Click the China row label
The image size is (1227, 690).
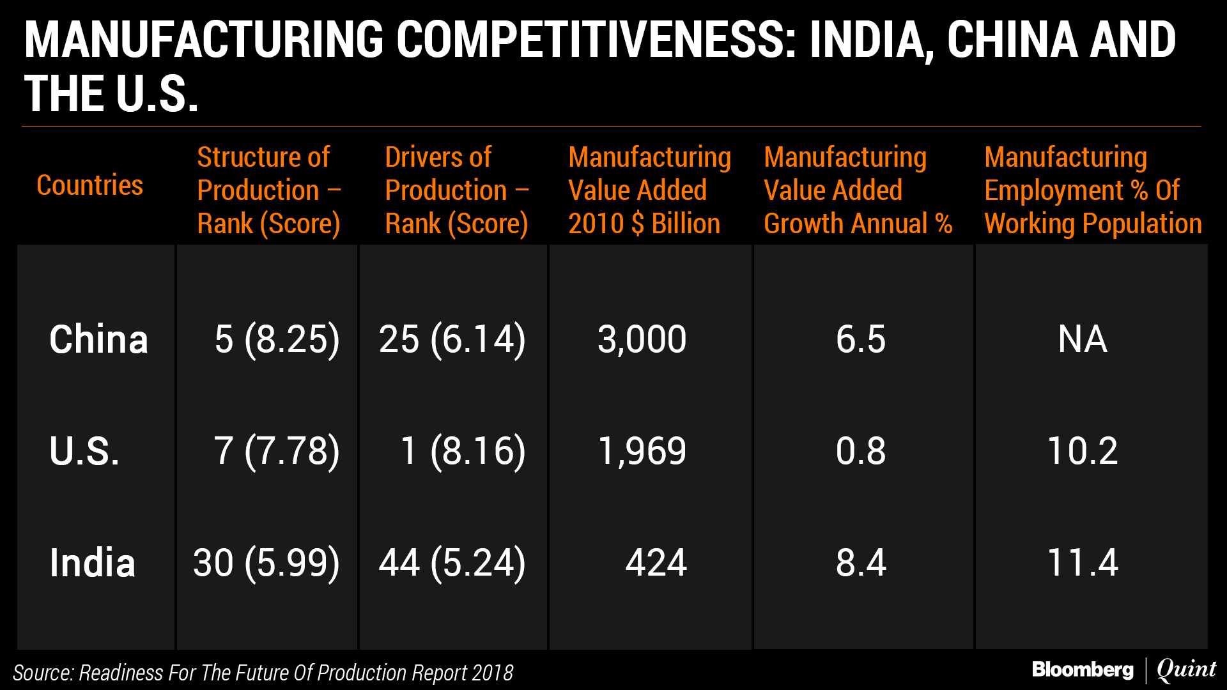98,339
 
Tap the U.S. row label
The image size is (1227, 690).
84,451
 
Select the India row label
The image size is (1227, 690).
93,563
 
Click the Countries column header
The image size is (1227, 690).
89,185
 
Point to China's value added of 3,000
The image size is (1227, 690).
642,339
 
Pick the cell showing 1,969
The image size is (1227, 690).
642,451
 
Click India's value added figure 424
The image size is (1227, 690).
656,563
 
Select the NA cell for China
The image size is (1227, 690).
1083,339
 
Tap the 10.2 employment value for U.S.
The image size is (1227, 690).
1083,451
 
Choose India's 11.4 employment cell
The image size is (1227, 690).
1083,563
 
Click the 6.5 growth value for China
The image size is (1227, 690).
861,339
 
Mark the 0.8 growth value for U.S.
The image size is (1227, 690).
861,451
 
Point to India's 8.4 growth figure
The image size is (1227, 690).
861,563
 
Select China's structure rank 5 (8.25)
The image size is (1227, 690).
277,339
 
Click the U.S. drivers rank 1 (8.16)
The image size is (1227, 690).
463,451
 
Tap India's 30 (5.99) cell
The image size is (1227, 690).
266,563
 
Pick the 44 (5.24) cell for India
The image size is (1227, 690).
452,563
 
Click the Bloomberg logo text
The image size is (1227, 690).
1083,670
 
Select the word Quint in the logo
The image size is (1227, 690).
1186,670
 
